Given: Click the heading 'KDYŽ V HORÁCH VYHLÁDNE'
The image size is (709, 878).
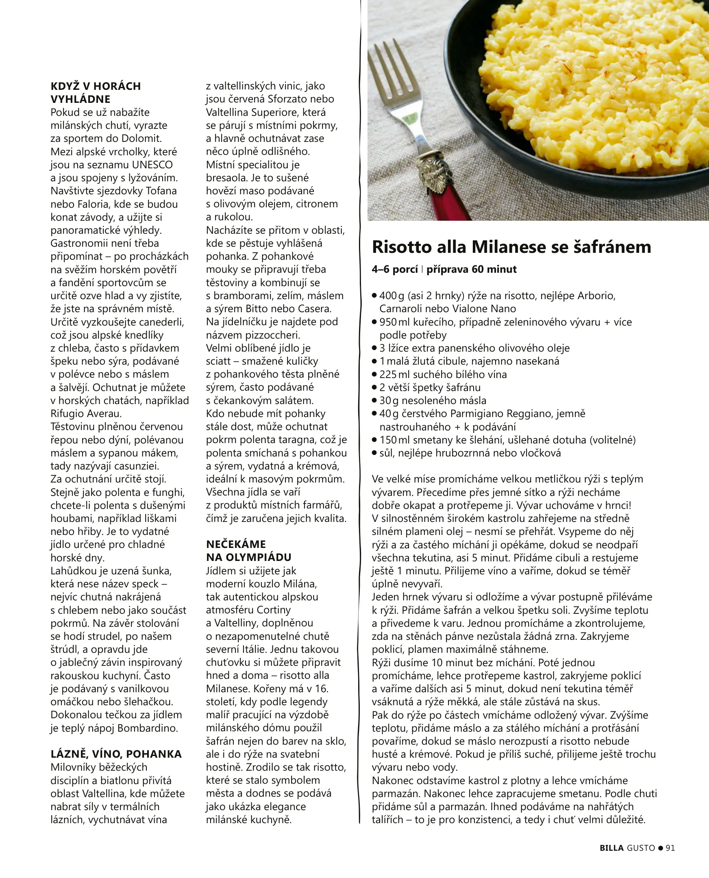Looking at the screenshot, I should [x=96, y=92].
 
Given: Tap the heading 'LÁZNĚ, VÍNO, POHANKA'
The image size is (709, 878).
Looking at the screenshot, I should [x=116, y=754].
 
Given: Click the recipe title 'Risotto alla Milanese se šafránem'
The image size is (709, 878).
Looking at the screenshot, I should [x=511, y=247].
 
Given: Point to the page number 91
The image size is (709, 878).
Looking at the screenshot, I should [x=670, y=848].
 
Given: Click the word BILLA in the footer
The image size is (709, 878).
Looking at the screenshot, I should [x=611, y=848].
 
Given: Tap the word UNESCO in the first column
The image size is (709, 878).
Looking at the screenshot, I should [x=152, y=165].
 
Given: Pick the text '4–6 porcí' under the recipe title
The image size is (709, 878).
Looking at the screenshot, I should [x=394, y=269].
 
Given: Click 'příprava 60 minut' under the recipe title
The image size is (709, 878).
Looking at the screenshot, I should [x=471, y=269].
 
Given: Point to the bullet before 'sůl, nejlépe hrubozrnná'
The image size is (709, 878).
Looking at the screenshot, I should [x=374, y=452].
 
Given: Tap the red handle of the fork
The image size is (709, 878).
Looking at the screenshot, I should [x=447, y=204].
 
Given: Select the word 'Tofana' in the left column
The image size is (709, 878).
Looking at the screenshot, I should [x=161, y=191].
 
